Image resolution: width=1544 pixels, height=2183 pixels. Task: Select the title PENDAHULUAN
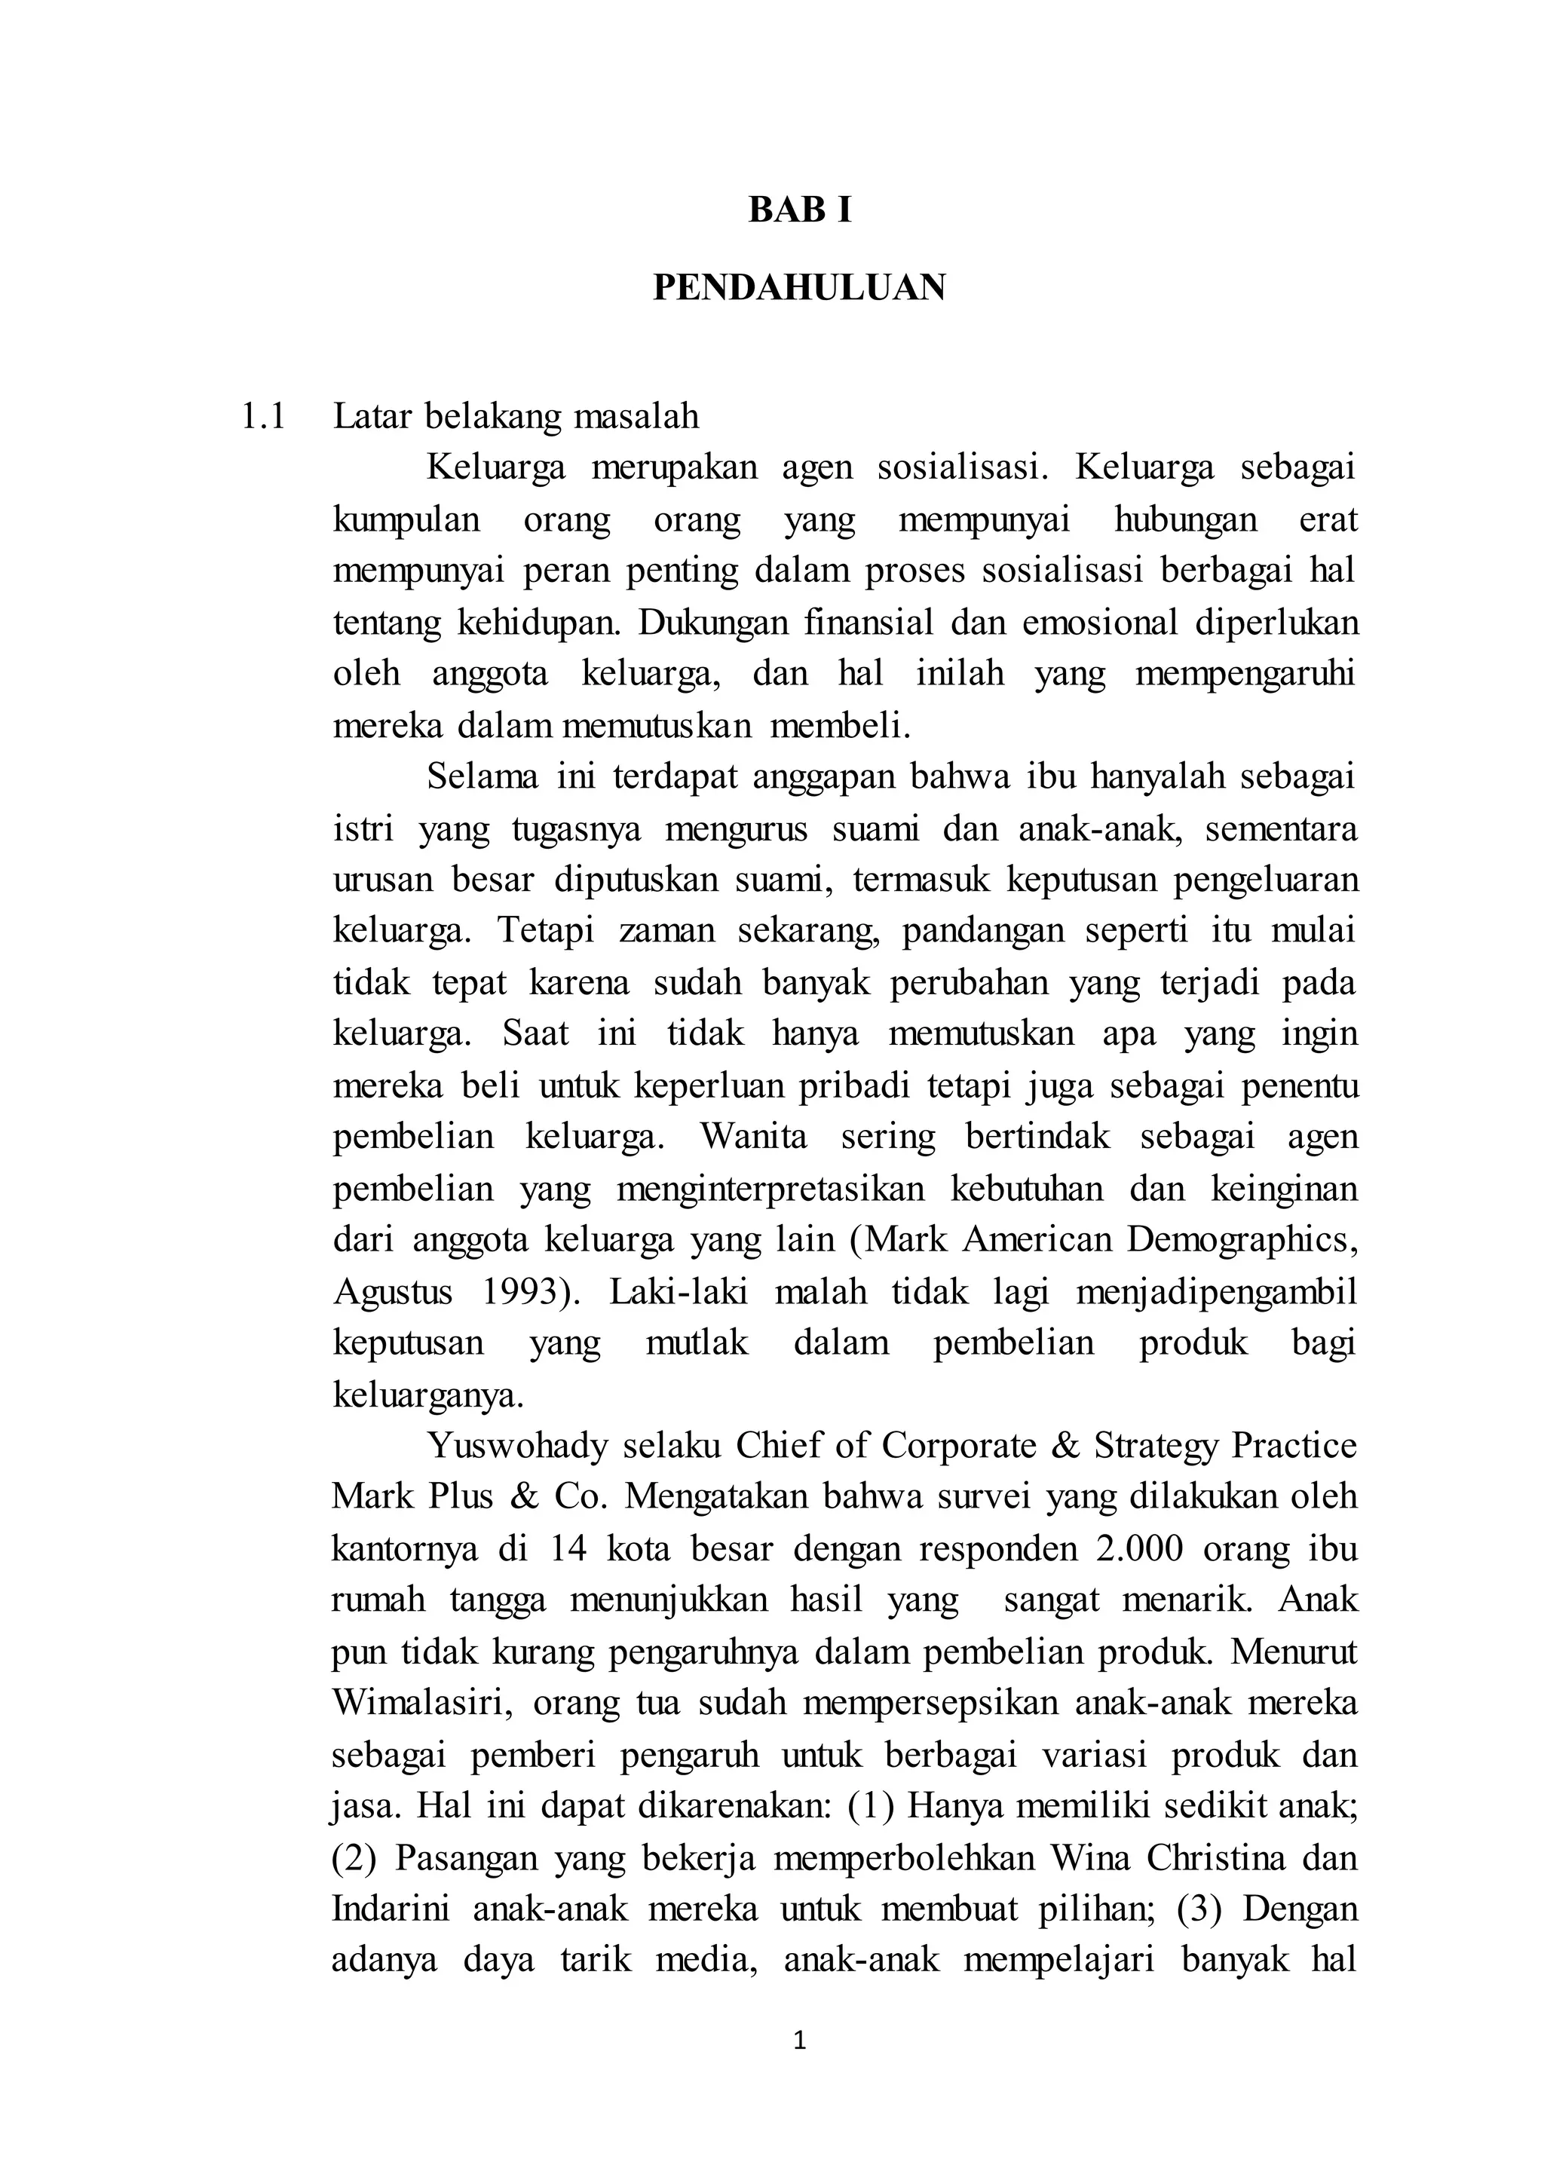tap(800, 287)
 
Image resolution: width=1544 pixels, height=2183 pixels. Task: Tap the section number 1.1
tap(263, 416)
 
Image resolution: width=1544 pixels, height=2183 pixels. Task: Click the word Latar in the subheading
tap(372, 416)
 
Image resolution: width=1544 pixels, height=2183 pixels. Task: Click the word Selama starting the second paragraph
tap(483, 777)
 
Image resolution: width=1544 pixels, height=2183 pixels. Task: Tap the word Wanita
tap(754, 1136)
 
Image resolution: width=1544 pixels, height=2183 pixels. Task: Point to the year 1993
tap(525, 1292)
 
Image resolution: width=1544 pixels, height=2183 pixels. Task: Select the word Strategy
tap(1155, 1446)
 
